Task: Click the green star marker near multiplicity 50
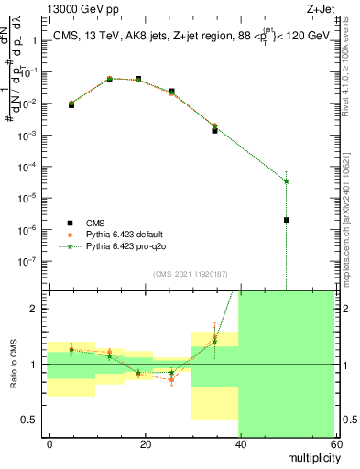tap(287, 180)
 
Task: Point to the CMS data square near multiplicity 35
tap(214, 130)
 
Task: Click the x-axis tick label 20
tap(145, 443)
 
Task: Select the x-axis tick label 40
tap(239, 443)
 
